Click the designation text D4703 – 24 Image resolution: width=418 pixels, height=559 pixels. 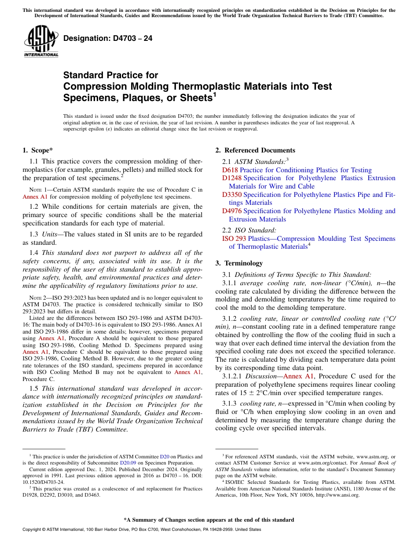click(108, 38)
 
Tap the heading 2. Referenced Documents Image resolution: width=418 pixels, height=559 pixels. click(255, 150)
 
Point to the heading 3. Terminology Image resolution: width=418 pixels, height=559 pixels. click(239, 263)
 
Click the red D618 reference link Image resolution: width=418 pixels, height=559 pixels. click(230, 170)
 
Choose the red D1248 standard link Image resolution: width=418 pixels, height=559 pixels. click(232, 178)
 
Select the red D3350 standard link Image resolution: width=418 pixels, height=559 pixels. click(232, 195)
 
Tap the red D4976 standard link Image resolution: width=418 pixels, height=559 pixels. click(232, 211)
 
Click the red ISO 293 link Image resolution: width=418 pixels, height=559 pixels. click(234, 239)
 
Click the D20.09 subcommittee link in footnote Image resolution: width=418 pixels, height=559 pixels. click(128, 463)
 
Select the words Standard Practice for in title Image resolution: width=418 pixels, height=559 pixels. click(110, 75)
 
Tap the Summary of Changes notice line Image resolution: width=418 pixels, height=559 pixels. click(209, 520)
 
